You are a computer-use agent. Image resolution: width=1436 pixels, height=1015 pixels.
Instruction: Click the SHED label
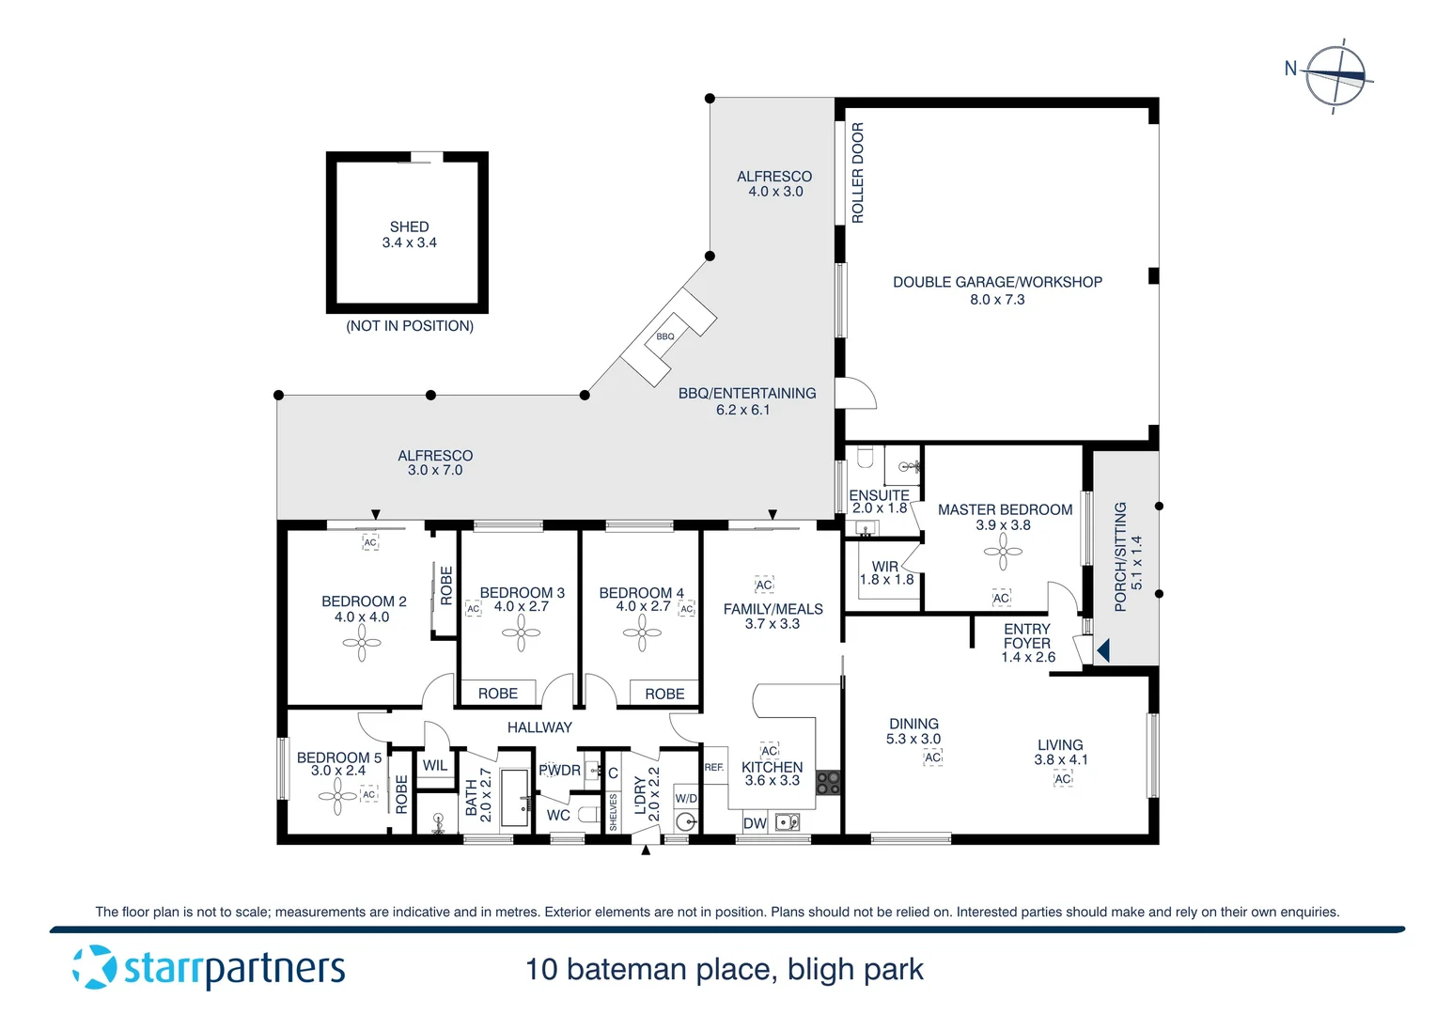pyautogui.click(x=409, y=226)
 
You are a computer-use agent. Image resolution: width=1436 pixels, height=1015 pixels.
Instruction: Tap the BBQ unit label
pyautogui.click(x=665, y=336)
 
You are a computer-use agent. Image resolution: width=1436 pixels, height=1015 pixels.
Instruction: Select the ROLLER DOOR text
pyautogui.click(x=857, y=173)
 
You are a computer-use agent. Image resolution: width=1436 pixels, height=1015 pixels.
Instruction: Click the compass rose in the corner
pyautogui.click(x=1335, y=75)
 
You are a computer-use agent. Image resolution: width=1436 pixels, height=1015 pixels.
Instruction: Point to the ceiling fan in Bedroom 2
pyautogui.click(x=362, y=644)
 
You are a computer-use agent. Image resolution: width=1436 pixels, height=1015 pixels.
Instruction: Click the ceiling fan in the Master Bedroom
pyautogui.click(x=1003, y=552)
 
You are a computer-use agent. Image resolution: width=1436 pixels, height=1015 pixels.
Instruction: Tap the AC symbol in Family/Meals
pyautogui.click(x=764, y=585)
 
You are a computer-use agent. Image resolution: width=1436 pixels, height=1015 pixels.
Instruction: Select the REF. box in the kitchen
pyautogui.click(x=714, y=768)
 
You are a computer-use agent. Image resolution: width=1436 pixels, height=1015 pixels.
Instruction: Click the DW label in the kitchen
pyautogui.click(x=755, y=823)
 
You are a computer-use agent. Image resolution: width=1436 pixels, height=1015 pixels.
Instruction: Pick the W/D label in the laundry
pyautogui.click(x=686, y=799)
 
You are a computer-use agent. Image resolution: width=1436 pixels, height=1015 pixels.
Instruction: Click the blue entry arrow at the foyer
pyautogui.click(x=1103, y=649)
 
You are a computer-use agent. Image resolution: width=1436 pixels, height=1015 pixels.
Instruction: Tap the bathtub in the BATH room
pyautogui.click(x=514, y=798)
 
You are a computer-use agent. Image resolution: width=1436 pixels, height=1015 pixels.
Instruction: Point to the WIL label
pyautogui.click(x=435, y=765)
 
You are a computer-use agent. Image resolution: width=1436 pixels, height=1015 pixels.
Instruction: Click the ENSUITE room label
pyautogui.click(x=879, y=495)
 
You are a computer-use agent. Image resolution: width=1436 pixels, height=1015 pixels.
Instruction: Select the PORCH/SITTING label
pyautogui.click(x=1120, y=556)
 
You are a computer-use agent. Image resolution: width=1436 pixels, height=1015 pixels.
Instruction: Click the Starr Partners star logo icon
pyautogui.click(x=95, y=967)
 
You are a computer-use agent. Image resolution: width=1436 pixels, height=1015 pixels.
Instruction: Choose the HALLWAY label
pyautogui.click(x=539, y=727)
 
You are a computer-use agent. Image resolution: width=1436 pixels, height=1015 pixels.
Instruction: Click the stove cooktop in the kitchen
pyautogui.click(x=828, y=783)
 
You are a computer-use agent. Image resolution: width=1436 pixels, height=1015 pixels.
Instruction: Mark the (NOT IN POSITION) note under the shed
pyautogui.click(x=410, y=326)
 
